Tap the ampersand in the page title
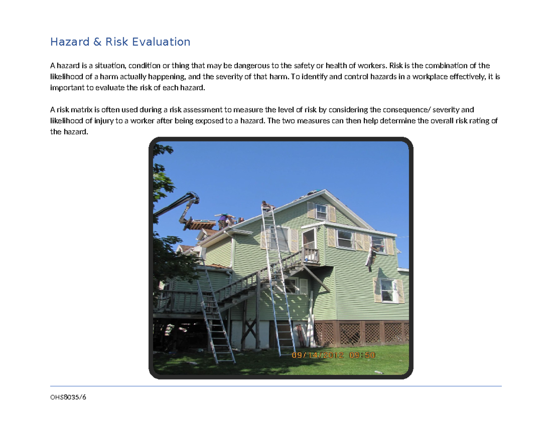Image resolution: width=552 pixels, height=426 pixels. (x=97, y=42)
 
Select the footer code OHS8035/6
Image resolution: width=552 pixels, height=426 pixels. (x=68, y=398)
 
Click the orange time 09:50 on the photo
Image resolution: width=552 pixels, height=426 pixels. (x=362, y=355)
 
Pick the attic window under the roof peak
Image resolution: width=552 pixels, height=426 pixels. (x=321, y=211)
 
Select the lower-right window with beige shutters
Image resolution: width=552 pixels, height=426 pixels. (x=387, y=290)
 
